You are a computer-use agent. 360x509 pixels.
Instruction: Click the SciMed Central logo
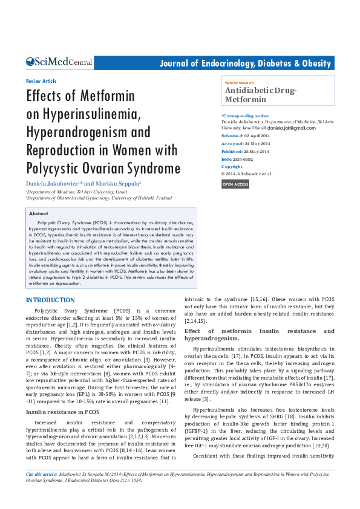pos(59,62)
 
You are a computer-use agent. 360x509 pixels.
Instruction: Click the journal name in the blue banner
pos(244,63)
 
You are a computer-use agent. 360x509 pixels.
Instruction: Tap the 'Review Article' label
pos(41,81)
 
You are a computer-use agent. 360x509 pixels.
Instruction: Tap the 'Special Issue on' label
pos(240,82)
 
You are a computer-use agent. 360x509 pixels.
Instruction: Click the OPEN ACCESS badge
pos(235,184)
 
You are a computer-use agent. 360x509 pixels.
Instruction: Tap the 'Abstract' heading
pos(39,214)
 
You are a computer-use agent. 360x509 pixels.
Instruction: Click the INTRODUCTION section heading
pos(50,300)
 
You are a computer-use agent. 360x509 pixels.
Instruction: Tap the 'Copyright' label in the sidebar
pos(232,166)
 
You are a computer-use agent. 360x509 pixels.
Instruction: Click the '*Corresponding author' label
pos(245,115)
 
